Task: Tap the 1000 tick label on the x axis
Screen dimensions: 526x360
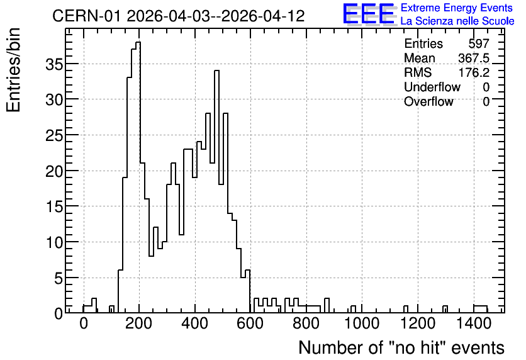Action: [362, 324]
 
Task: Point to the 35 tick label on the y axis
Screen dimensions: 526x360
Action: [54, 64]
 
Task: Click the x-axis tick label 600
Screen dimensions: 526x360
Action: [250, 324]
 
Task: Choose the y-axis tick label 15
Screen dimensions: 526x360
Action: [54, 206]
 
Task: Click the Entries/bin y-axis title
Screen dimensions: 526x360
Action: [14, 70]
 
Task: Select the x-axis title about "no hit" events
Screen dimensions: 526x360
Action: [401, 348]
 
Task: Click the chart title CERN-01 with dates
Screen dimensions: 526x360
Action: [179, 16]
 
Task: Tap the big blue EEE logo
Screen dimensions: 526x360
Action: [369, 14]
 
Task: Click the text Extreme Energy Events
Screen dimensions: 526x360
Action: [457, 8]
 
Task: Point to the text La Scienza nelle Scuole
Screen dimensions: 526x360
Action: [457, 21]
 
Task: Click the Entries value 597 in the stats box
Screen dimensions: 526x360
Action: [479, 43]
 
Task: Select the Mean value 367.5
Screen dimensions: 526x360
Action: [474, 58]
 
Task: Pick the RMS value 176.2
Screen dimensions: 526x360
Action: [474, 72]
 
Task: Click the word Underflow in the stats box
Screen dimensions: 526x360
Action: [432, 87]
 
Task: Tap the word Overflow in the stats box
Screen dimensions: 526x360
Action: [428, 101]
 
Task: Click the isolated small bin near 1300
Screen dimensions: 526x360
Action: [445, 309]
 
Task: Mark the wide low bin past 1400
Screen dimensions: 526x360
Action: [480, 309]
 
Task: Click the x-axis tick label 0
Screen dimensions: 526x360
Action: [84, 324]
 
